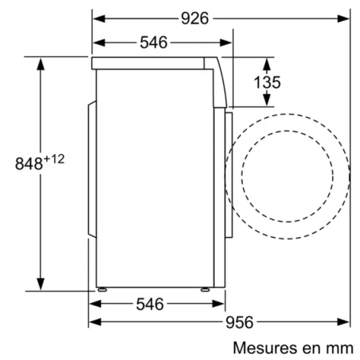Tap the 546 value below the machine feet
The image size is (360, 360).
(x=154, y=304)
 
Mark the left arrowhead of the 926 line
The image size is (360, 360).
(x=96, y=17)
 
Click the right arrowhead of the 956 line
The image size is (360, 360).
(x=345, y=321)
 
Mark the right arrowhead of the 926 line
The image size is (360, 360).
(x=346, y=17)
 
